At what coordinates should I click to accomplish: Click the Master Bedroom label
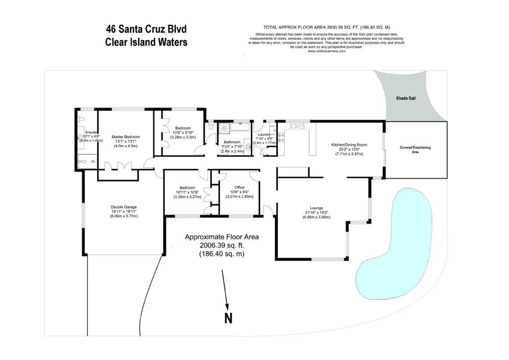click(x=126, y=137)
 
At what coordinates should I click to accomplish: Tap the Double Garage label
click(x=123, y=207)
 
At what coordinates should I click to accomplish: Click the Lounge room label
click(x=316, y=208)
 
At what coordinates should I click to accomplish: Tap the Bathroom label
click(x=232, y=142)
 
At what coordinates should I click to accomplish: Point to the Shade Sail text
click(x=406, y=98)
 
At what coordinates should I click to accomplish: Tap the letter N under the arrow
click(x=228, y=319)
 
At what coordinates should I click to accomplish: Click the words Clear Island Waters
click(x=146, y=42)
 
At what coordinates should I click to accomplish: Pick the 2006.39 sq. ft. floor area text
click(x=222, y=246)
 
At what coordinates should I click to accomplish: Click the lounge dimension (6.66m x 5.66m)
click(x=316, y=217)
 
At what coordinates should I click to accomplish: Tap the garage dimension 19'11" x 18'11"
click(x=123, y=212)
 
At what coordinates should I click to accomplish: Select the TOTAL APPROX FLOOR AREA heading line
click(x=326, y=28)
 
